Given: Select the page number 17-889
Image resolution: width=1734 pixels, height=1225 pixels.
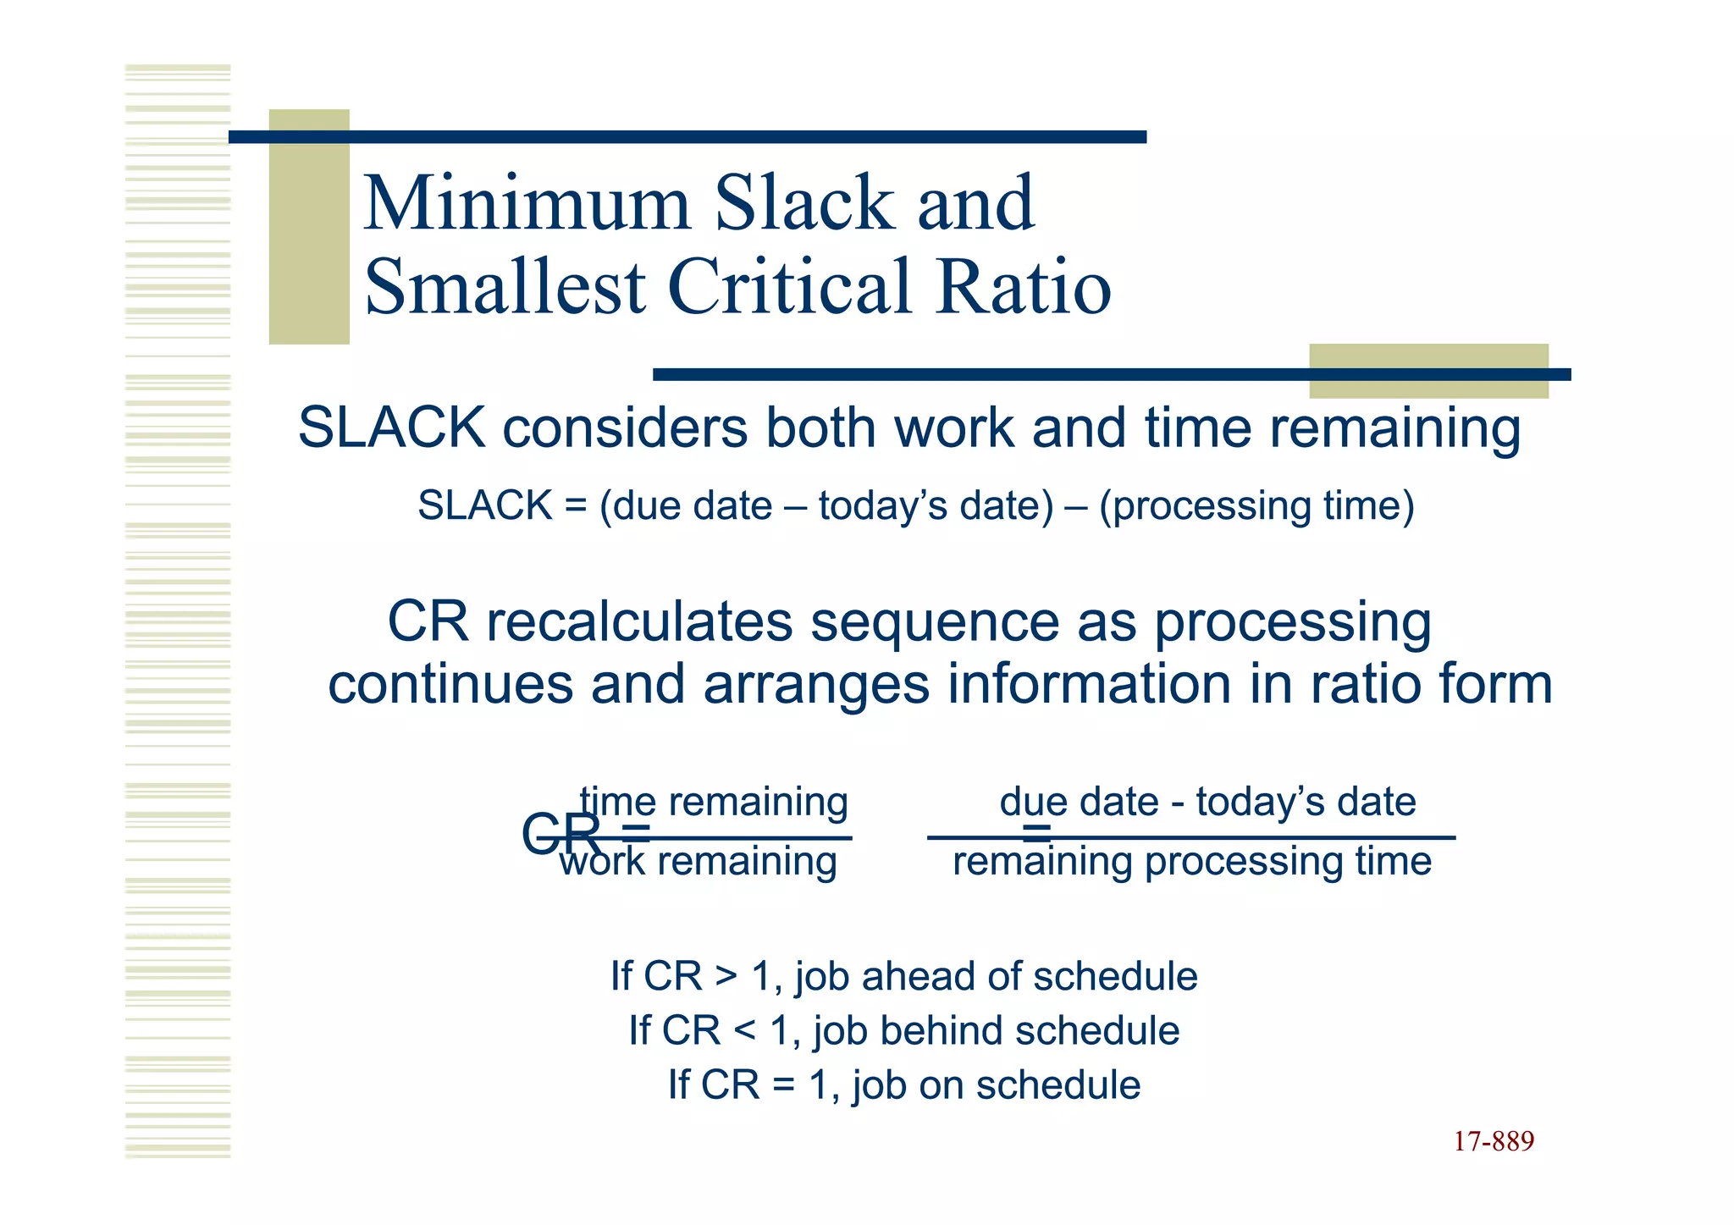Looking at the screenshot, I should click(x=1494, y=1142).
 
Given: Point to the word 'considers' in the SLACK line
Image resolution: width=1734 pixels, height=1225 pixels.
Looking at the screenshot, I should click(x=625, y=428).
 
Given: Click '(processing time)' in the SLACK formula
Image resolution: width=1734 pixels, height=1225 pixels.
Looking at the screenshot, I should click(x=1256, y=506).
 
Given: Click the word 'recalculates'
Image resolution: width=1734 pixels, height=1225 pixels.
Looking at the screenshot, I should click(x=640, y=621).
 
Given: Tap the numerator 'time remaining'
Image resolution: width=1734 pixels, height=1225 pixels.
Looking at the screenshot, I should click(x=714, y=802).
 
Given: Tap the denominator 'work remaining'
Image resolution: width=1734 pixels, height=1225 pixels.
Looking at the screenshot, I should click(x=698, y=863).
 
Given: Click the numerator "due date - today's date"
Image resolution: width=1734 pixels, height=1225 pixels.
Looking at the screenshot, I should click(x=1207, y=802).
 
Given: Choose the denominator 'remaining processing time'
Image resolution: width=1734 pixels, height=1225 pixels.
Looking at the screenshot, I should click(x=1192, y=863).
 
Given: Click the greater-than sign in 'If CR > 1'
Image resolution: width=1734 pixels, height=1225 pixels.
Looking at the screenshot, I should click(x=726, y=976).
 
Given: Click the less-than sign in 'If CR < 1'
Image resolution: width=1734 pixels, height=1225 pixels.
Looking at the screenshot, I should click(x=744, y=1031).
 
